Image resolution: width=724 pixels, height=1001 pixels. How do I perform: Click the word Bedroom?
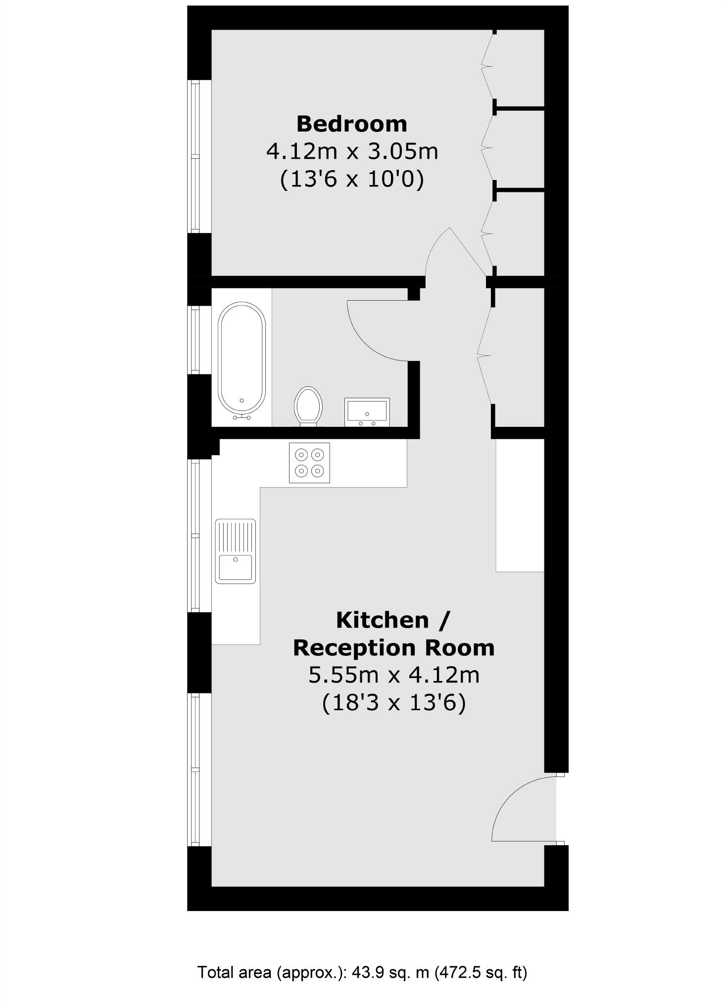[x=351, y=124]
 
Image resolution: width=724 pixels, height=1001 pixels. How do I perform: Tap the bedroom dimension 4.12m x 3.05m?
[x=352, y=151]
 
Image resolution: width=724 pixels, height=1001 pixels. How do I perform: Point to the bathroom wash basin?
[x=367, y=412]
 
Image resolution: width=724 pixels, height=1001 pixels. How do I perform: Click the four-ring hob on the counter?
[x=309, y=462]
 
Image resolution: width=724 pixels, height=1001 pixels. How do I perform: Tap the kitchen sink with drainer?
[x=236, y=551]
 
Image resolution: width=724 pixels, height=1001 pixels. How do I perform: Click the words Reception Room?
[x=393, y=647]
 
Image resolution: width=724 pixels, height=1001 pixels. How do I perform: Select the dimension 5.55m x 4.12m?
[x=393, y=675]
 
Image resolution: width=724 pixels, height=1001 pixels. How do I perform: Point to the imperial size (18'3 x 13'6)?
[x=393, y=702]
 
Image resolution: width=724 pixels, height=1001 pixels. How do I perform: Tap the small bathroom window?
[x=195, y=340]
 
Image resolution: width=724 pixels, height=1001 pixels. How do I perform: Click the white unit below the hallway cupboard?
[x=520, y=505]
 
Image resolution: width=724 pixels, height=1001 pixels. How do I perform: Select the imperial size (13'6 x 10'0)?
[x=352, y=179]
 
